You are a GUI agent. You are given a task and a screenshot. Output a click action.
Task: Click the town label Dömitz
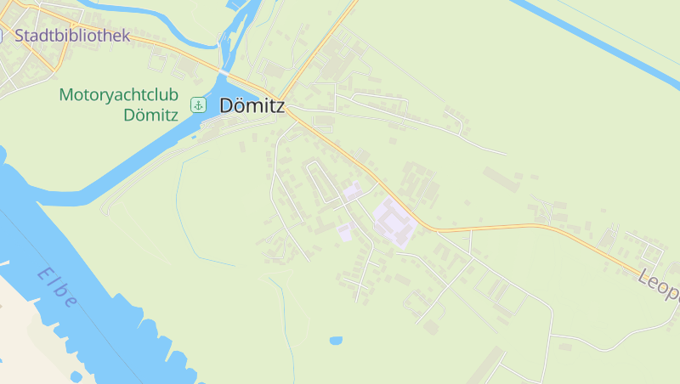[252, 106]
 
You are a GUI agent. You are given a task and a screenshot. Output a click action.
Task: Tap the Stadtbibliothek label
[72, 36]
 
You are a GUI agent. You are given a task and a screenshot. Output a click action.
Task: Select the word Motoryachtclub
[119, 94]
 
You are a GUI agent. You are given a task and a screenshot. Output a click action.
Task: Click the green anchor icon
[198, 104]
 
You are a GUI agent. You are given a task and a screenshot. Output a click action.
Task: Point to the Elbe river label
[58, 289]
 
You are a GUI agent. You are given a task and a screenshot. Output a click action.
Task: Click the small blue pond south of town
[336, 341]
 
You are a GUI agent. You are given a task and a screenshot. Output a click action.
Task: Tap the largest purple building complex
[394, 221]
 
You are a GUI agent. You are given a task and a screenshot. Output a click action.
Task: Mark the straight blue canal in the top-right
[595, 42]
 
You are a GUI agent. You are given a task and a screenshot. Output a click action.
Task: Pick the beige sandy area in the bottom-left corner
[25, 340]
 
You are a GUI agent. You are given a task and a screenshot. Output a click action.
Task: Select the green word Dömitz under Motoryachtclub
[150, 116]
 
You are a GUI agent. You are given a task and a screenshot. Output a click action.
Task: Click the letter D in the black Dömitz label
[227, 106]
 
